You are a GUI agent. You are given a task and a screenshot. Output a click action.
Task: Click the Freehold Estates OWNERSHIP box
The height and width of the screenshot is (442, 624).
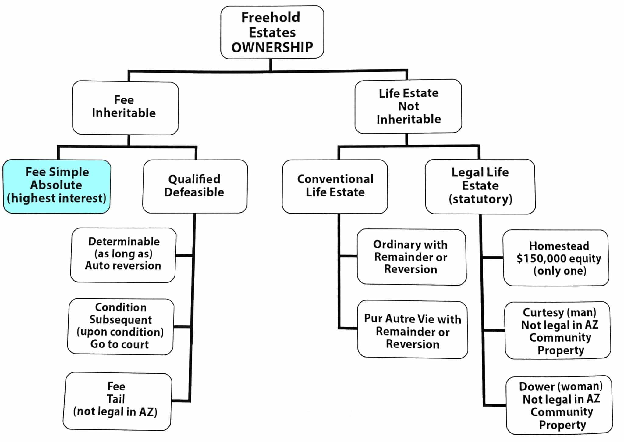point(272,32)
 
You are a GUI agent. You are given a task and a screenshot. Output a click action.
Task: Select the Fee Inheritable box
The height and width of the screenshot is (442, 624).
point(125,108)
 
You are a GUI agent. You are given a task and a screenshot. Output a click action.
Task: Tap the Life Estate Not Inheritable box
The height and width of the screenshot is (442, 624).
point(408,106)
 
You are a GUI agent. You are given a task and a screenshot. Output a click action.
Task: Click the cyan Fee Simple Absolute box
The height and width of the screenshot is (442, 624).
point(57,186)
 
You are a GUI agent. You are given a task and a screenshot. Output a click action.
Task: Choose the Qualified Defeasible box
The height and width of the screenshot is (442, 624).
point(195,186)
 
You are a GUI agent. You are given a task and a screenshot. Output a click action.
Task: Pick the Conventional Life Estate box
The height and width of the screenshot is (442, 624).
point(335,186)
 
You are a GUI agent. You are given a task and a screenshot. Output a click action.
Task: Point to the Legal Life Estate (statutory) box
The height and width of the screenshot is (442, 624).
point(480,186)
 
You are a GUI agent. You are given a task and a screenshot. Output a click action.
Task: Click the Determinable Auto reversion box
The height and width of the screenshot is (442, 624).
point(123,255)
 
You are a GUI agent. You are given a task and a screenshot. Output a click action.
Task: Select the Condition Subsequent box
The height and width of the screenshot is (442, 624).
point(121,327)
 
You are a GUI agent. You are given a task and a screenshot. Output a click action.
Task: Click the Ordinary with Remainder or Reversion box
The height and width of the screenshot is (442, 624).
point(412,257)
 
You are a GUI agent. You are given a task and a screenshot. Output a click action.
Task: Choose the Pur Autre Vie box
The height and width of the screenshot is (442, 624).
point(413,330)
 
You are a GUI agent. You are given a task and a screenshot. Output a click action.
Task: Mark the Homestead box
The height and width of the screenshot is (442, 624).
point(556,258)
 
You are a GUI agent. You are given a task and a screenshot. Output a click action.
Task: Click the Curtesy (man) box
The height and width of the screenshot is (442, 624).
point(558,330)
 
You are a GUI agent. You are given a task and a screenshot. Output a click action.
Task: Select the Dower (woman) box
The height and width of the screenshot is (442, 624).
point(559,405)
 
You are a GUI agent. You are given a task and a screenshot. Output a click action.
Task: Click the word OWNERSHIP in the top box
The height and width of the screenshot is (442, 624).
point(272,47)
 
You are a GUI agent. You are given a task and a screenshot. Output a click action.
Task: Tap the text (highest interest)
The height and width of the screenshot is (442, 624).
point(57,198)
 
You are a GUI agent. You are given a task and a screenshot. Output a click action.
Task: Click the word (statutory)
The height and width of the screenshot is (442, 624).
point(480,199)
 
